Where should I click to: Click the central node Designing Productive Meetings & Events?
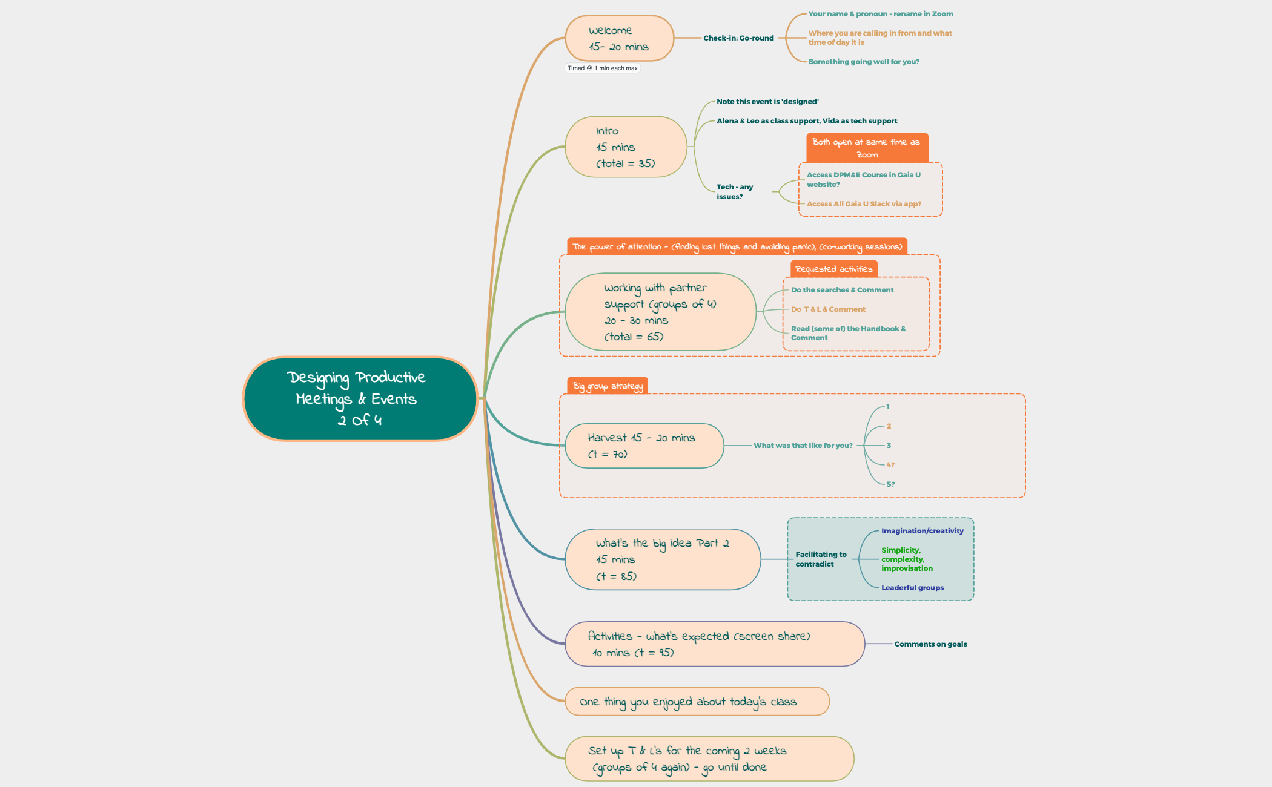pos(360,398)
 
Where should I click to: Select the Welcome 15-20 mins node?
pos(619,38)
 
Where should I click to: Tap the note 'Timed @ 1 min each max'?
pos(602,68)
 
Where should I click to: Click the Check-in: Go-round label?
pos(738,38)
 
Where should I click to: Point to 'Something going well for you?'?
pos(863,62)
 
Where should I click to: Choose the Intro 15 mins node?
pos(626,147)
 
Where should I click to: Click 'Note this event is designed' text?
pos(767,102)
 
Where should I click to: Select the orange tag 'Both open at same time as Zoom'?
pos(866,148)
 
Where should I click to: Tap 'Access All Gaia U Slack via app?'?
pos(864,204)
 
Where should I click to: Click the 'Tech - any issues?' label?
pos(735,192)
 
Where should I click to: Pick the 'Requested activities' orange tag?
pos(833,269)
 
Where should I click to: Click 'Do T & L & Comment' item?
pos(828,309)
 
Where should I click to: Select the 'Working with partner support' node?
pos(660,312)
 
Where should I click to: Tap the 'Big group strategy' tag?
pos(608,386)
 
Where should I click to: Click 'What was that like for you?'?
pos(803,446)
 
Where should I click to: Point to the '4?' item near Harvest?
pos(890,465)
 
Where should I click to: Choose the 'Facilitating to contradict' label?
pos(821,559)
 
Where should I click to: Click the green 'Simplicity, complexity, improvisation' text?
pos(907,559)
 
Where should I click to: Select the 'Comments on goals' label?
pos(930,644)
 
